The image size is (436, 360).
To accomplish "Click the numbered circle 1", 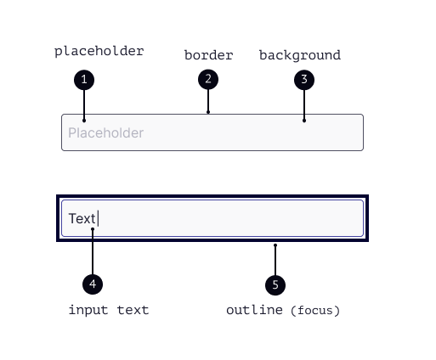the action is (x=84, y=80).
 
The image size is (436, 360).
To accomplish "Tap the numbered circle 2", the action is (x=208, y=79).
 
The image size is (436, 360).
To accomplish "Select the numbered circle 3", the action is (x=304, y=80).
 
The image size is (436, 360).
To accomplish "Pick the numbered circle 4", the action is (x=93, y=284).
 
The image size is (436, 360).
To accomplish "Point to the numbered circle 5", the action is (x=275, y=285).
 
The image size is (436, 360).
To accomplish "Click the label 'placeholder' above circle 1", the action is (x=99, y=52).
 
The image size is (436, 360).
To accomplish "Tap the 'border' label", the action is (x=209, y=55).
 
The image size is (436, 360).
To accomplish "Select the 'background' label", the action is (x=300, y=55).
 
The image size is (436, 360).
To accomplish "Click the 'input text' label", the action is (x=109, y=310).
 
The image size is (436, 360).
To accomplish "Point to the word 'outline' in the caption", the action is (x=254, y=310).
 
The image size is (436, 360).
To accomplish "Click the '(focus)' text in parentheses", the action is (x=315, y=311).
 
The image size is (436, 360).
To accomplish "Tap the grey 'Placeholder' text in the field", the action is (x=106, y=132).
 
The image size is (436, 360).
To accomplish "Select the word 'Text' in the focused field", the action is (x=82, y=218).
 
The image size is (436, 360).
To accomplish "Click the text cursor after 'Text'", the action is (x=98, y=218).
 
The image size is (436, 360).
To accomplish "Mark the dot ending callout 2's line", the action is (x=208, y=112).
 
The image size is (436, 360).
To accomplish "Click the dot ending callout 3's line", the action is (x=304, y=121).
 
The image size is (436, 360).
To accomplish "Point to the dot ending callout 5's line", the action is (x=275, y=245).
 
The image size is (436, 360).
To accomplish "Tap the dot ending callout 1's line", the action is (x=84, y=121).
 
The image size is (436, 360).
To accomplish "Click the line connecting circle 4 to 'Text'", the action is (x=93, y=251).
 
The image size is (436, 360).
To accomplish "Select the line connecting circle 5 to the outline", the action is (x=275, y=260).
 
